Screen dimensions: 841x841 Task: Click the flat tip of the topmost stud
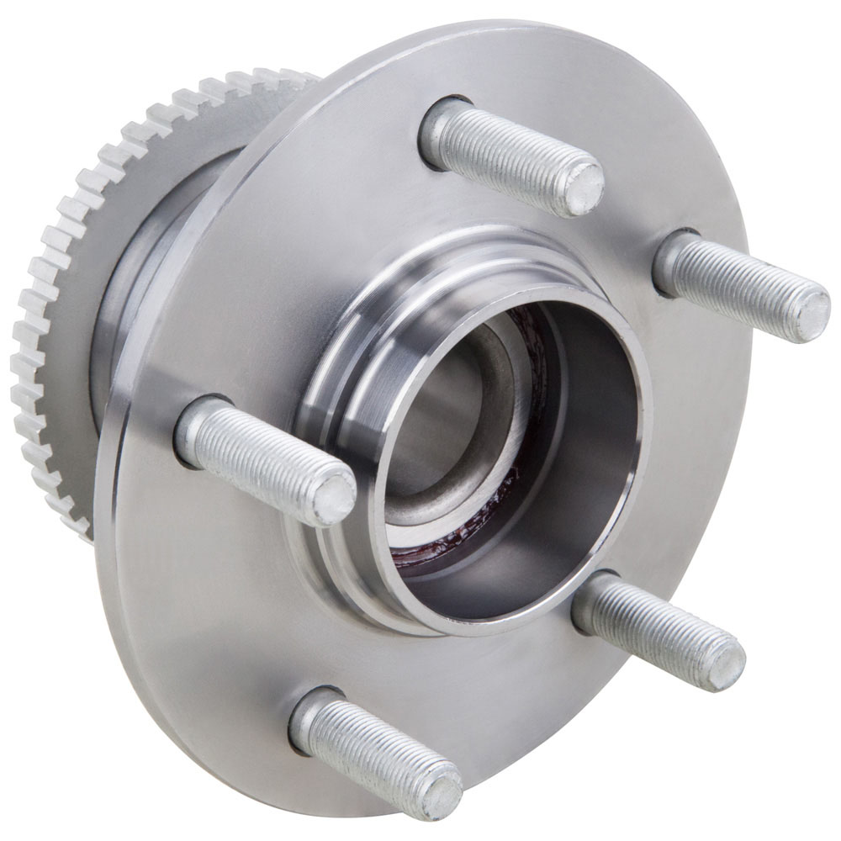[583, 188]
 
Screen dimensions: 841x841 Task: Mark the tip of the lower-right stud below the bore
[725, 665]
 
